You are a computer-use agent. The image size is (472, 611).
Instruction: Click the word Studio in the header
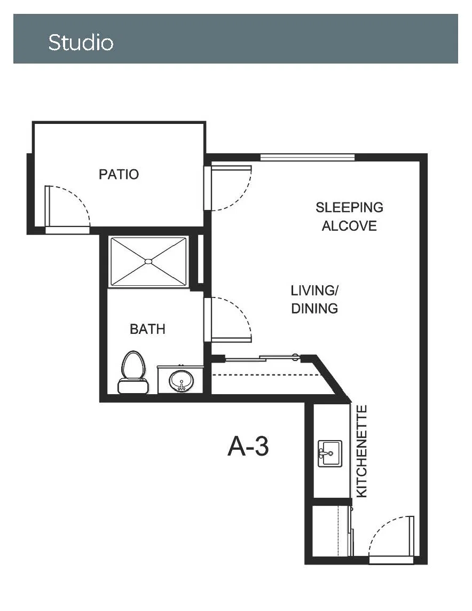tap(81, 42)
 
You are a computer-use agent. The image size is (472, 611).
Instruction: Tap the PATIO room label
tap(119, 174)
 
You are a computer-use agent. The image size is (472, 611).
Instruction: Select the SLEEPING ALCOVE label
tap(349, 216)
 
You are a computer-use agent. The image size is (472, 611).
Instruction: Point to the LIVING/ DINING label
tap(314, 299)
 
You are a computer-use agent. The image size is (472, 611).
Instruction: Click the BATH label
tap(147, 329)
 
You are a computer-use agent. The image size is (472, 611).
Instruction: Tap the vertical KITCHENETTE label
tap(362, 451)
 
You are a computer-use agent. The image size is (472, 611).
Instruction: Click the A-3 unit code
tap(248, 446)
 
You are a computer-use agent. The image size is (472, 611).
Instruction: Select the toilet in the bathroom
tap(133, 372)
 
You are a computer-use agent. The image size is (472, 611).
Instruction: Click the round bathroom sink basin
tap(181, 380)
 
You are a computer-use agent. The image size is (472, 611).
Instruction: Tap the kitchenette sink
tap(330, 453)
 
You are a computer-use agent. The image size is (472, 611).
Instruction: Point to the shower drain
tap(148, 262)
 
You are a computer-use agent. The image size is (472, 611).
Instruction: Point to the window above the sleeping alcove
tap(307, 158)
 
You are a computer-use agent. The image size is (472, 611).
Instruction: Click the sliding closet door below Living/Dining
tap(262, 358)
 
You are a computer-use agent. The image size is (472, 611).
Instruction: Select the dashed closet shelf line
tap(265, 375)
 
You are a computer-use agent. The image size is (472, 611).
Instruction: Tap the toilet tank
tap(133, 386)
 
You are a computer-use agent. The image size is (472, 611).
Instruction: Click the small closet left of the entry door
tap(332, 531)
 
